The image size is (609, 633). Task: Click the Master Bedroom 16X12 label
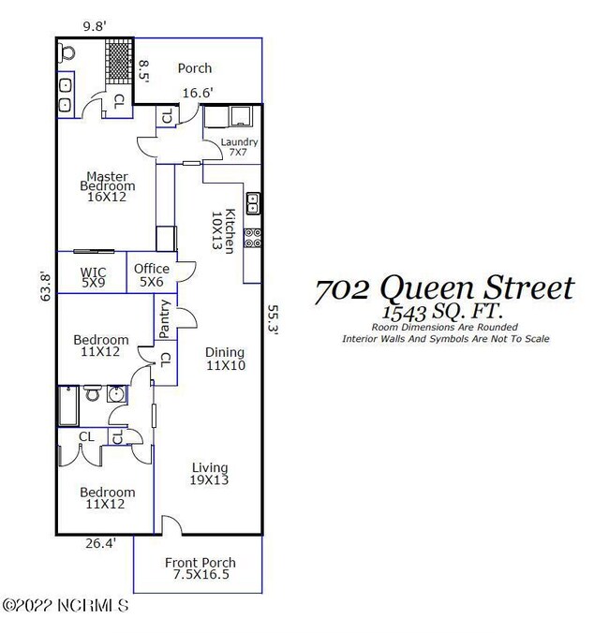(x=107, y=185)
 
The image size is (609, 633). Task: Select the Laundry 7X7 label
(x=238, y=147)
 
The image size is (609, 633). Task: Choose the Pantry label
(x=165, y=317)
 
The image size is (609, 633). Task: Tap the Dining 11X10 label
(x=225, y=359)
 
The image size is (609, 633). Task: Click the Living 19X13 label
(x=210, y=474)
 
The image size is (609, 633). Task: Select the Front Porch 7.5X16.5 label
(x=200, y=569)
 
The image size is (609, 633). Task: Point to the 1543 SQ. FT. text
(x=444, y=312)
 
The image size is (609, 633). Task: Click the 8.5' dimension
(x=144, y=70)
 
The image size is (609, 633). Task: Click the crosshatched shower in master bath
(x=118, y=63)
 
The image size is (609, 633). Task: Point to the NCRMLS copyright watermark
(x=65, y=607)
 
